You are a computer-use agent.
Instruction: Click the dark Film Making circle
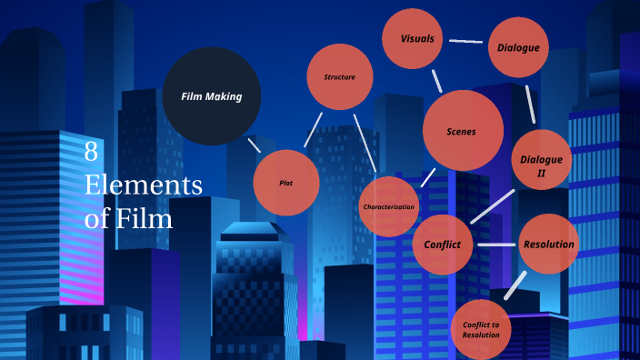[x=211, y=95]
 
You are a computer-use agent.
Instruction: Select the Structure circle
[x=340, y=77]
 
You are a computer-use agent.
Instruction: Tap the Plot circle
[x=286, y=183]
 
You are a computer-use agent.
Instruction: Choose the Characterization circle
[x=389, y=206]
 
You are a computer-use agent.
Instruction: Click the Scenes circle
[x=462, y=131]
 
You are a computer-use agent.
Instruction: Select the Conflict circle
[x=443, y=245]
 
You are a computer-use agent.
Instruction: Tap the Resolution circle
[x=549, y=244]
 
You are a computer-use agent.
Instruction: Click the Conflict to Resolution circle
[x=481, y=329]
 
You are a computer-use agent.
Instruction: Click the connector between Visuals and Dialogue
[x=465, y=41]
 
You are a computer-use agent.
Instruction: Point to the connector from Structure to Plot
[x=312, y=130]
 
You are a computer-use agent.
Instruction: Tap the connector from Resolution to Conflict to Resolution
[x=515, y=285]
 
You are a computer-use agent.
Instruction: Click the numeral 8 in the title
[x=91, y=152]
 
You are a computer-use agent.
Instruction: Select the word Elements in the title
[x=143, y=185]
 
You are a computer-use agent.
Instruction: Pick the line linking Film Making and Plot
[x=255, y=145]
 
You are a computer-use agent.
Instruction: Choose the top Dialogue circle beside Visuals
[x=518, y=47]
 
